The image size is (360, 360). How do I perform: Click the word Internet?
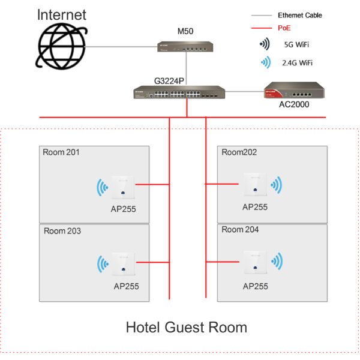(62, 14)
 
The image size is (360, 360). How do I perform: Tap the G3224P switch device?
(187, 92)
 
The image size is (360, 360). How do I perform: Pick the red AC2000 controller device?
(294, 92)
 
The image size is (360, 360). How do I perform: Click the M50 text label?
(185, 31)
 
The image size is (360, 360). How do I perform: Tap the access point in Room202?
(255, 184)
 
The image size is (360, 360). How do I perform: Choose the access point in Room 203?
(122, 262)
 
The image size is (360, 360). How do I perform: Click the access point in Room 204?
(255, 262)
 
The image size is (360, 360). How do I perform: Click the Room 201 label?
(61, 152)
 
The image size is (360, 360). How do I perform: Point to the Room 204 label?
(240, 230)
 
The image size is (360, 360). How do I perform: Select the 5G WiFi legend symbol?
(264, 44)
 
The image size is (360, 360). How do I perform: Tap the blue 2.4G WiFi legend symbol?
(264, 62)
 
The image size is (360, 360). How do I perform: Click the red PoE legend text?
(284, 28)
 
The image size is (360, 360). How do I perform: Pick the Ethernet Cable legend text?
(300, 14)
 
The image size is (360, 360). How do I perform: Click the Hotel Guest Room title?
(186, 328)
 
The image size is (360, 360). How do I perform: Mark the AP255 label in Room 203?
(126, 286)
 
